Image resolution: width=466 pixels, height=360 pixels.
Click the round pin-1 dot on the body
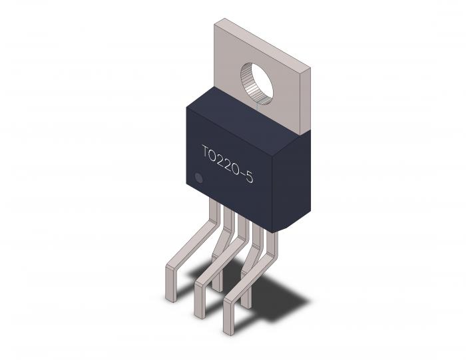pos(198,178)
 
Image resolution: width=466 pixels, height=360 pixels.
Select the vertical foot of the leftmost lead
pos(171,283)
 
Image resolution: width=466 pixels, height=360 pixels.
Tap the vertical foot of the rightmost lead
pos(228,313)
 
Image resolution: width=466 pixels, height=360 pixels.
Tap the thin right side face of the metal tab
pos(306,100)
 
